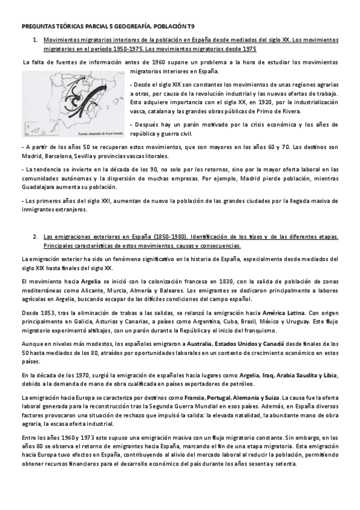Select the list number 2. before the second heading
34,238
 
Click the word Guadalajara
38,187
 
